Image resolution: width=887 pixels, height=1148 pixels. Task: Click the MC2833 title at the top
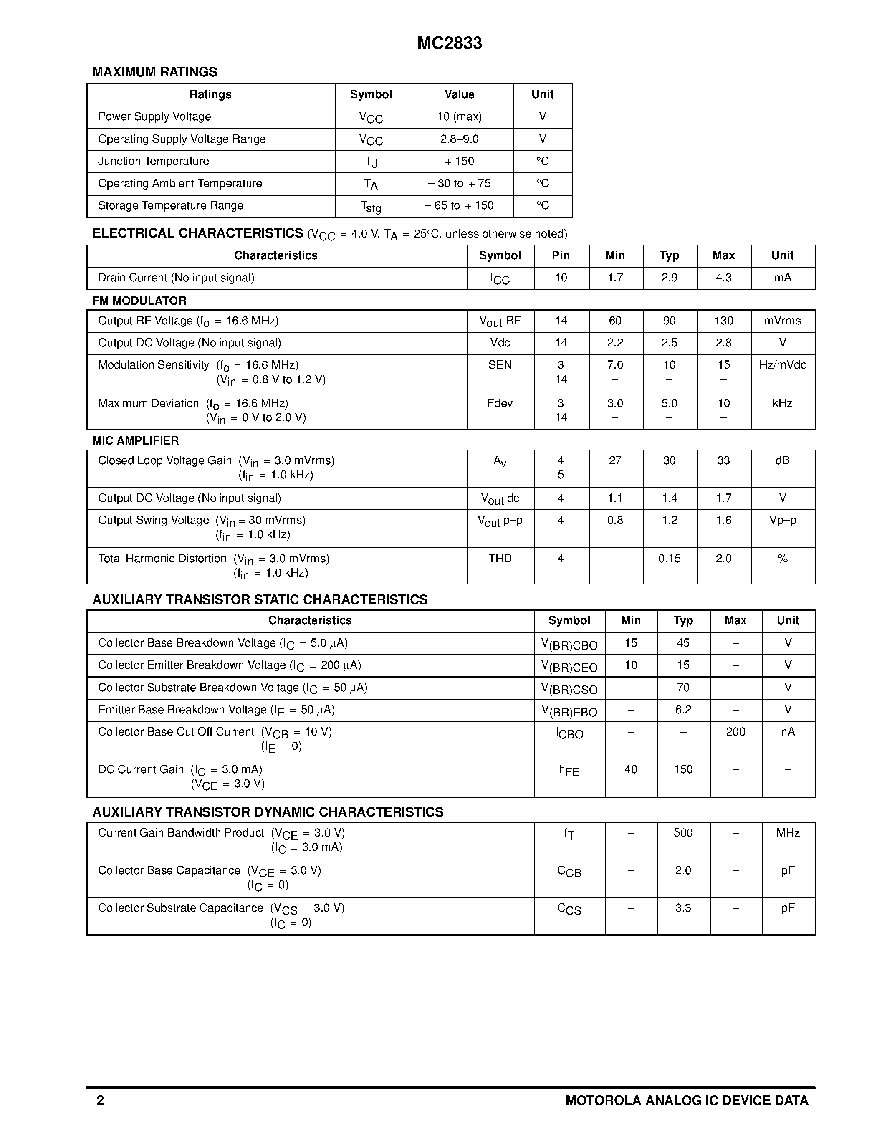449,43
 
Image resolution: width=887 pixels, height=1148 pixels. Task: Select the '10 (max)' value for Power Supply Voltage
459,117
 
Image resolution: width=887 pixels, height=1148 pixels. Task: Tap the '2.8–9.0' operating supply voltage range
459,139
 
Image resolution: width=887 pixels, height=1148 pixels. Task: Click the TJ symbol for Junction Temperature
371,162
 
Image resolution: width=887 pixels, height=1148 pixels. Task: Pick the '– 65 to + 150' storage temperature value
459,205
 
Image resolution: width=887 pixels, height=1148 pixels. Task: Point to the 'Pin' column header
561,255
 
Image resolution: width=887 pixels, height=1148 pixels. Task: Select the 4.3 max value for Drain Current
723,278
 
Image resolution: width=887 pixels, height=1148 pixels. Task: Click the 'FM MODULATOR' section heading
139,301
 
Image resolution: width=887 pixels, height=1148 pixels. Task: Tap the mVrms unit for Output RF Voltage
782,321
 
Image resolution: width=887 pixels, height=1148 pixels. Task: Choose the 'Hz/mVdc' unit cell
782,365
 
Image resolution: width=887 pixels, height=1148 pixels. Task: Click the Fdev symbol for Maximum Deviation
500,403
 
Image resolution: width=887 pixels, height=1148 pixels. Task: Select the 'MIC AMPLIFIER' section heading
136,440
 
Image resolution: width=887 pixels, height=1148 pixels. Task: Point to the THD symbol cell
500,558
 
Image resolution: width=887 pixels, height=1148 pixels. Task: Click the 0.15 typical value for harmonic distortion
670,558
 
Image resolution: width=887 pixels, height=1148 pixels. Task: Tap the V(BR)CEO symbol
569,667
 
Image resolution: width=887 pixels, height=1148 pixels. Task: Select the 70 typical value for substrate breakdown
683,688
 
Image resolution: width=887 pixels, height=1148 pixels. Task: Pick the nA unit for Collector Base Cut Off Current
788,732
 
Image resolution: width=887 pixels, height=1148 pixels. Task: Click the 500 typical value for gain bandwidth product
683,833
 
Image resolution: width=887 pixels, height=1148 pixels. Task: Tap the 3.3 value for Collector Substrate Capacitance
683,908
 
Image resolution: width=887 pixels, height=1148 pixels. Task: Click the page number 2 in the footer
100,1100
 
